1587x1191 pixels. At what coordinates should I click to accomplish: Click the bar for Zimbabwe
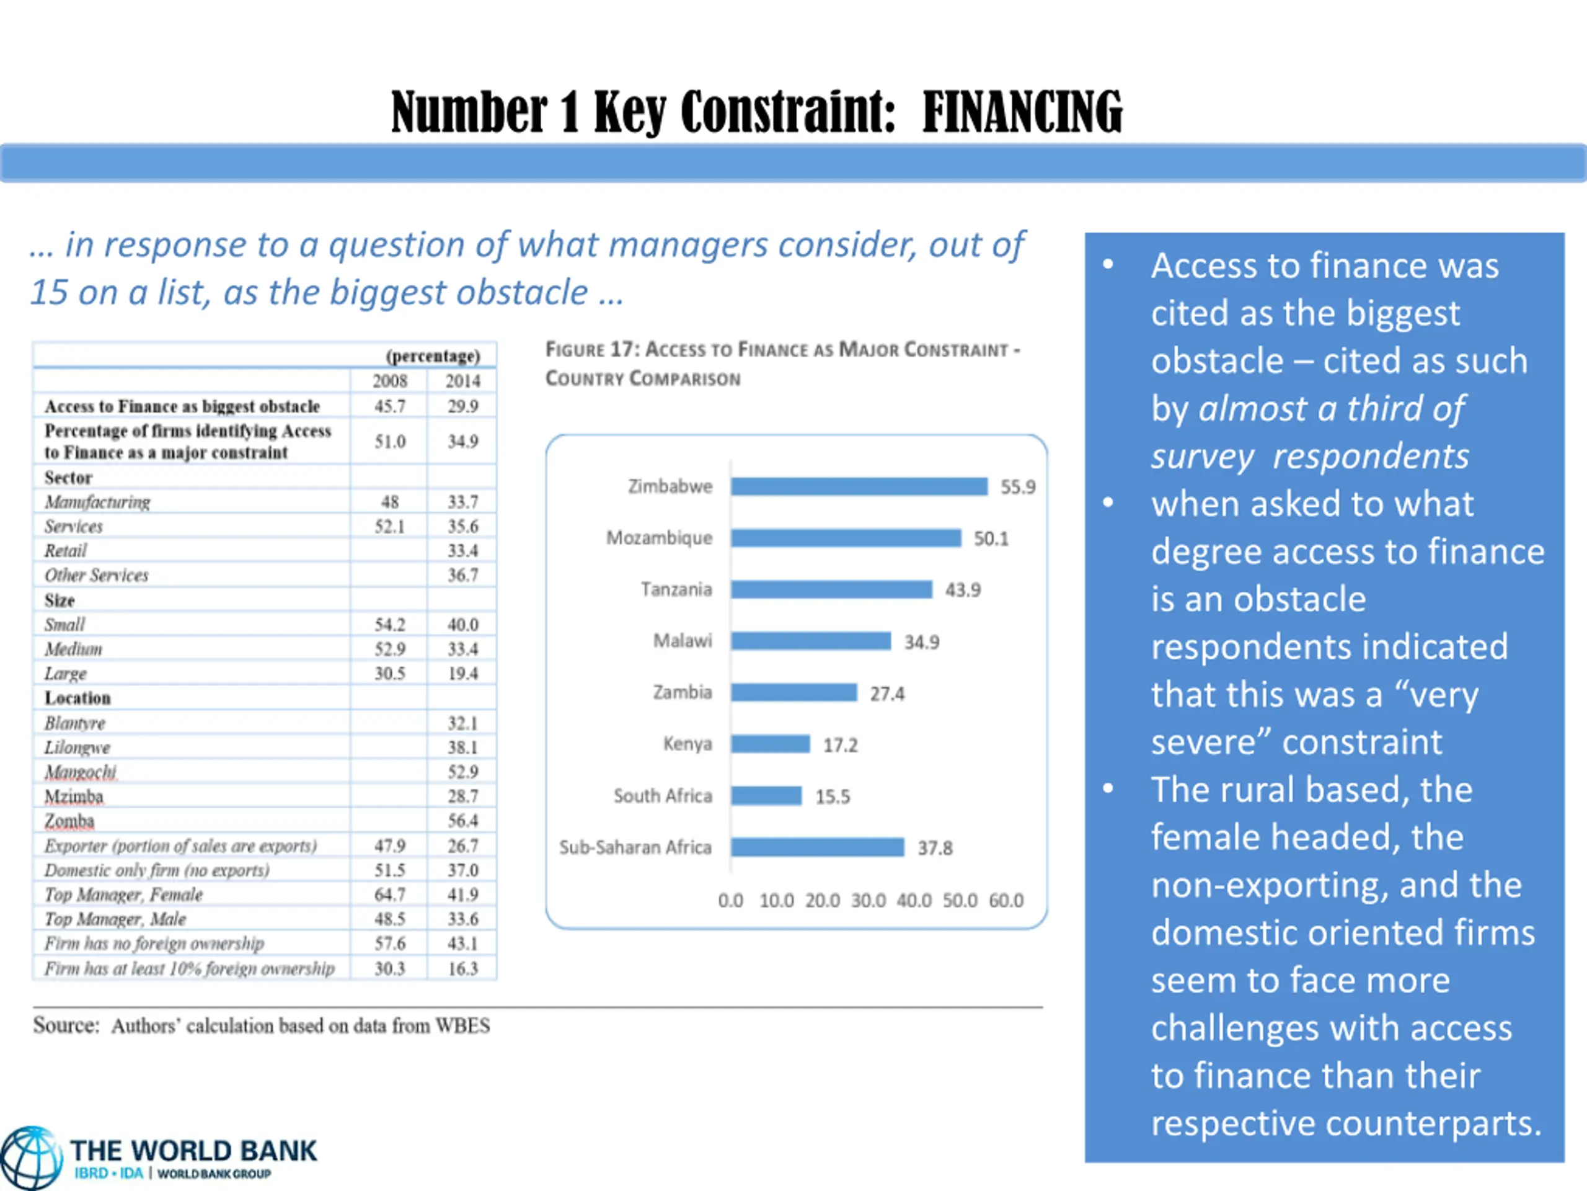click(859, 487)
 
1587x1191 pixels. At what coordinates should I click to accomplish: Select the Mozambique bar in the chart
click(846, 538)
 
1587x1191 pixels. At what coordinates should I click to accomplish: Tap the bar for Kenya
click(771, 744)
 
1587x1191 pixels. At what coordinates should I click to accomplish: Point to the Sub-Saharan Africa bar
click(817, 848)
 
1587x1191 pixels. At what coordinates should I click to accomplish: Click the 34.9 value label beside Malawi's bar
click(921, 642)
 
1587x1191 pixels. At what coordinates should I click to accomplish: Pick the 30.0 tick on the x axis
click(868, 900)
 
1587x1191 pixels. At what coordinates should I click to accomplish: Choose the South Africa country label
click(663, 796)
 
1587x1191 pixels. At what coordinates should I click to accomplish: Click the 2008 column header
click(389, 381)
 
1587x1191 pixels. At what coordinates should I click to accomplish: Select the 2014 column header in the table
click(462, 381)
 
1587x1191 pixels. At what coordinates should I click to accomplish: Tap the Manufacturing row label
click(97, 502)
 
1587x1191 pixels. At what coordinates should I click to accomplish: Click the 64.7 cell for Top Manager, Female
click(389, 894)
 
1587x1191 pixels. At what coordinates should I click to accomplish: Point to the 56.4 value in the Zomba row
click(462, 821)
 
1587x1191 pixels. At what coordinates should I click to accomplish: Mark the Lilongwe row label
click(77, 747)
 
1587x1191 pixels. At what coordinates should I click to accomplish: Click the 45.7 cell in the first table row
click(389, 406)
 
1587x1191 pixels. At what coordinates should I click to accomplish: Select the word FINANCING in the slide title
click(1022, 112)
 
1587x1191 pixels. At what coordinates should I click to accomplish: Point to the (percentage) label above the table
click(433, 356)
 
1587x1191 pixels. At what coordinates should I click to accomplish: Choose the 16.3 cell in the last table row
click(462, 968)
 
